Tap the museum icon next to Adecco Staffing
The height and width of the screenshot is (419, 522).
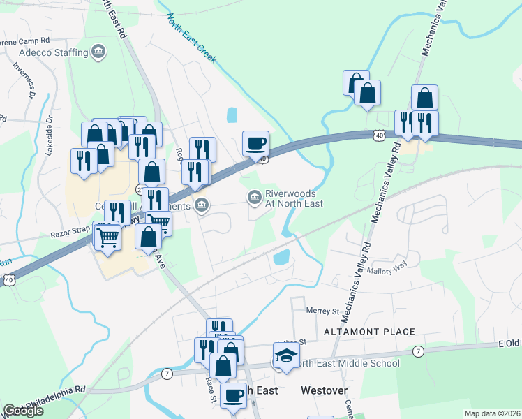coord(98,52)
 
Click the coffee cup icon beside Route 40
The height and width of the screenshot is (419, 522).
coord(255,143)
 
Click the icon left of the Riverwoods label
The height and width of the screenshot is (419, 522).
coord(253,198)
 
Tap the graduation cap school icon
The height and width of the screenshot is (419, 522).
coord(285,355)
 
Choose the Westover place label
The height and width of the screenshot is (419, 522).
coord(323,390)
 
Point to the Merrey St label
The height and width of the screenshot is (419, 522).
coord(322,309)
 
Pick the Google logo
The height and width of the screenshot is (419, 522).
coord(23,411)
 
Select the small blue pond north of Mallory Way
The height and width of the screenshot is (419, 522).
coord(282,258)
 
